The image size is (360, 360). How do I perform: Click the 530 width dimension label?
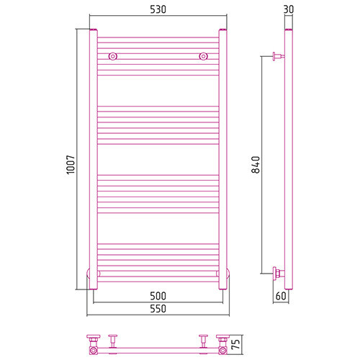coord(158,9)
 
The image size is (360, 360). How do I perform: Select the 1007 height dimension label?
coord(71,165)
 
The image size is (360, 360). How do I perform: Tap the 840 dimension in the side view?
coord(256,165)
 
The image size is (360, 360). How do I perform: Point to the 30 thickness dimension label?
coord(289,9)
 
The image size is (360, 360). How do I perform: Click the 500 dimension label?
coord(158,296)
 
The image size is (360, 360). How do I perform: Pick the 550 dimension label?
coord(158,309)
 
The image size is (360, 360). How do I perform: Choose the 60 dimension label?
coord(281,296)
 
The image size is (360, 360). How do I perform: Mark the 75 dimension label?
coord(236,344)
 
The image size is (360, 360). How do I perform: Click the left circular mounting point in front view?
coord(113,56)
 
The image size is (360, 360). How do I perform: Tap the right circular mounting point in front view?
coord(203,56)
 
